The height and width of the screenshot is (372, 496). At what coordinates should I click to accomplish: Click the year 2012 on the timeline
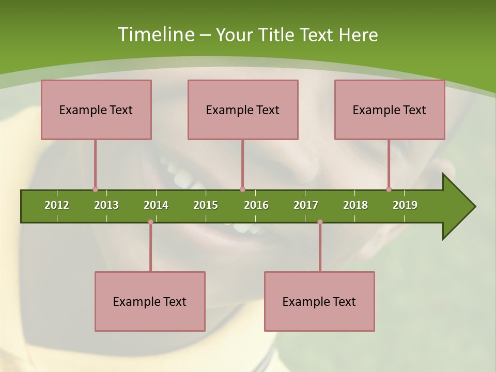tap(57, 205)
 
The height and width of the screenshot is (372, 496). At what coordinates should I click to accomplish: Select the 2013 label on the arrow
tap(106, 205)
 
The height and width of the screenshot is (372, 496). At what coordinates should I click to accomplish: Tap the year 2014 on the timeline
tap(156, 205)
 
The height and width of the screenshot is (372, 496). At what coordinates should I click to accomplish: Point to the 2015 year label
tap(206, 205)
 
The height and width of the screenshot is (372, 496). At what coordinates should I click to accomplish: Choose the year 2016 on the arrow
tap(256, 205)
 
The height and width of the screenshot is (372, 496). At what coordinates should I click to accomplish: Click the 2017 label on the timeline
tap(306, 205)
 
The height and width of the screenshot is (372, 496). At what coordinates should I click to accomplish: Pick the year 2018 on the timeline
tap(355, 205)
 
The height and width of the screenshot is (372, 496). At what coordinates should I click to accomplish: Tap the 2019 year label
tap(405, 205)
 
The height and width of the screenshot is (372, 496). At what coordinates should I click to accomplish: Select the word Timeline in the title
tap(155, 35)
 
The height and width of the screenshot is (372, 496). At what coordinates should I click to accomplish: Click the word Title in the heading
tap(277, 35)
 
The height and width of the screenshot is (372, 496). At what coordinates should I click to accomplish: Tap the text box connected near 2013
tap(96, 110)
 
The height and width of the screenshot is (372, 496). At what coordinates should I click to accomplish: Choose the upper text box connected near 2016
tap(243, 110)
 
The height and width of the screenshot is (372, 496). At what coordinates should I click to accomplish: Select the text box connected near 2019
tap(390, 110)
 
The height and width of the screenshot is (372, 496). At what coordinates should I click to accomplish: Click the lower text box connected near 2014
tap(150, 301)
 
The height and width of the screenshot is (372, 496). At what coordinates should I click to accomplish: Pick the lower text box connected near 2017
tap(319, 301)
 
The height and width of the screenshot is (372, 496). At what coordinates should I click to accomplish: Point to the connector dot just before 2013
tap(95, 190)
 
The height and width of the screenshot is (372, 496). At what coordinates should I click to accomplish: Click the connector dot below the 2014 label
tap(150, 222)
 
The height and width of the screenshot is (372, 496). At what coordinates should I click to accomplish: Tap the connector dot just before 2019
tap(389, 190)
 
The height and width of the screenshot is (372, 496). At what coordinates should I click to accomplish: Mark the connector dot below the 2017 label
tap(320, 222)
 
